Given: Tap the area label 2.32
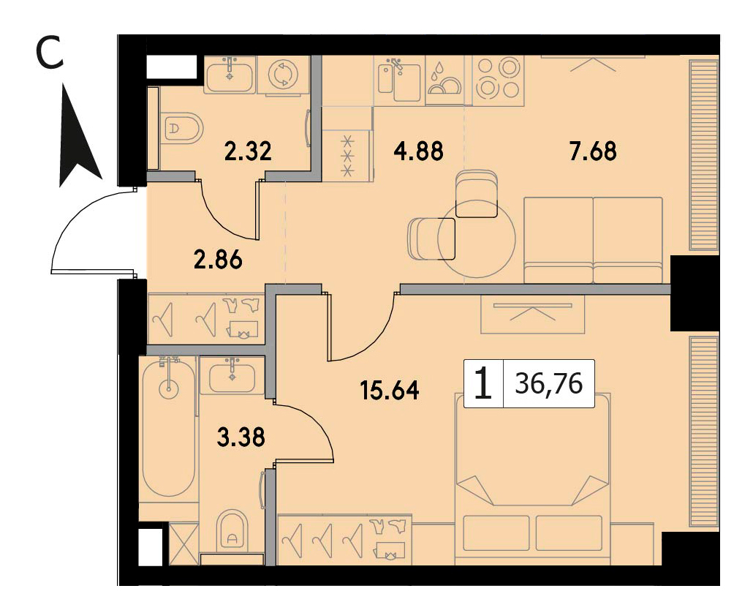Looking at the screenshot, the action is [249, 151].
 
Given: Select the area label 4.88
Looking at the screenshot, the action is [418, 151].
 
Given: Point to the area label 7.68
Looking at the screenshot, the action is [593, 151].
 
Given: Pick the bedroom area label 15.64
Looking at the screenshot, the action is [390, 390].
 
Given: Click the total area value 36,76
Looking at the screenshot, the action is [549, 383].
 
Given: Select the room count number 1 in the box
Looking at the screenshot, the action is [483, 384].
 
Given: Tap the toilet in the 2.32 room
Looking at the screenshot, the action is [181, 128].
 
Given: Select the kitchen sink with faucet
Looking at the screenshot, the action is [398, 79].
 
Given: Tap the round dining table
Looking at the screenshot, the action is [477, 240].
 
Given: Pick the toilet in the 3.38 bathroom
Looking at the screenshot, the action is [232, 530].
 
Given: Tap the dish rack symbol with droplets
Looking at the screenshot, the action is [444, 79].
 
